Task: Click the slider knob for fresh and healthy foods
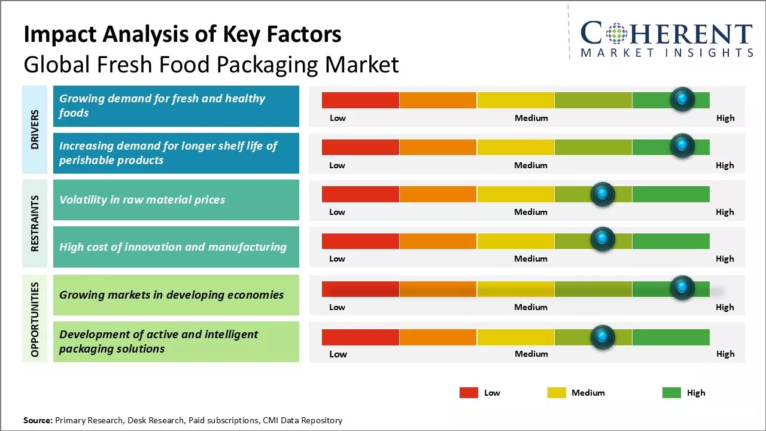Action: (x=682, y=99)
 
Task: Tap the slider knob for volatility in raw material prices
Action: (x=603, y=194)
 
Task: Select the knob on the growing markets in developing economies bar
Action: (x=682, y=288)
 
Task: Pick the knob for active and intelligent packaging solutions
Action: (x=603, y=337)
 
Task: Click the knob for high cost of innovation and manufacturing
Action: (x=603, y=240)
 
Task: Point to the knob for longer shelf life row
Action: (x=682, y=145)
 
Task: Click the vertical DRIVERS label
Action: (x=35, y=129)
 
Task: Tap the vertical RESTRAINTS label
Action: (x=35, y=223)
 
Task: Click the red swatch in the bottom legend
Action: (x=469, y=393)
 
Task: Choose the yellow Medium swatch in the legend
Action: (x=557, y=393)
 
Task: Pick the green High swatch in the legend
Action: (x=671, y=393)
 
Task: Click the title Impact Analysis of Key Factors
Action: (x=183, y=35)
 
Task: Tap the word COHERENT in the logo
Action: (x=667, y=34)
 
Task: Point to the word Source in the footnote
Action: (x=38, y=420)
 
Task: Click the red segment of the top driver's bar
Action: (x=360, y=100)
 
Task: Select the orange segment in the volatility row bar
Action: (x=437, y=194)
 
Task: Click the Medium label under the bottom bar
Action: (x=531, y=354)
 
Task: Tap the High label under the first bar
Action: (x=725, y=118)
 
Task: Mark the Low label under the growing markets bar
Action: (x=337, y=307)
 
